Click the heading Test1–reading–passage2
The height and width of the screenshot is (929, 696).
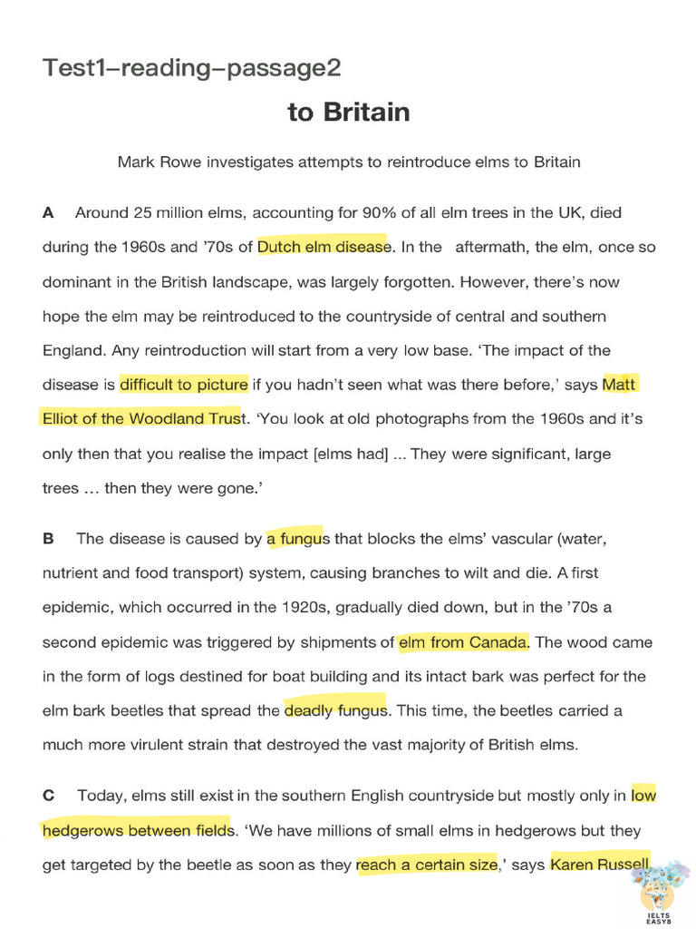point(192,68)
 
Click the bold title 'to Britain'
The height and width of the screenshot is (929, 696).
point(349,112)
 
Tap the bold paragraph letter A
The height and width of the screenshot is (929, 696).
point(48,213)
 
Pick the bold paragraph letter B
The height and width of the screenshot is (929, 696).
point(48,539)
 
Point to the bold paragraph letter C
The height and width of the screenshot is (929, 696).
point(49,797)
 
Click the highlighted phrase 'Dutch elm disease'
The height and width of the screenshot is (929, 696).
point(323,247)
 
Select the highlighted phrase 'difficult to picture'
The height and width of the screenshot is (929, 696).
point(183,385)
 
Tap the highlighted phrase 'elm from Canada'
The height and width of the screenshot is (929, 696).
point(462,642)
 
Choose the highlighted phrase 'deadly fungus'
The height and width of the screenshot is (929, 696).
point(335,711)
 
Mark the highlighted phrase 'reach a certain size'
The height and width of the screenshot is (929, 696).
point(427,865)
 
